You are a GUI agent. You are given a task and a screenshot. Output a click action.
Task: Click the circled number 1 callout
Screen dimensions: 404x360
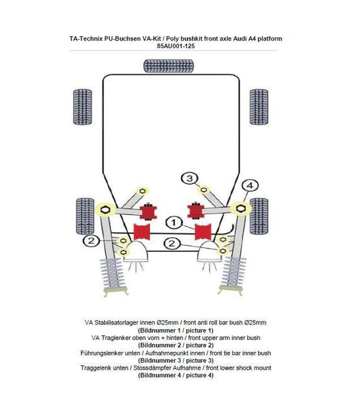click(173, 222)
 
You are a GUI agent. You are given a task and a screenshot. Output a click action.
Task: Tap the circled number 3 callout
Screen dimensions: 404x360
click(191, 178)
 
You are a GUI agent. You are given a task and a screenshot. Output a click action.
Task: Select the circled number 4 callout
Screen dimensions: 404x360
click(249, 185)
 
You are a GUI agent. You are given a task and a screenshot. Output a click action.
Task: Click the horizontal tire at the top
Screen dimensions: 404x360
click(170, 66)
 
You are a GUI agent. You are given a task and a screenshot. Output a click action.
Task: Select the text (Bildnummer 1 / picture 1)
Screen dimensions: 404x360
click(176, 330)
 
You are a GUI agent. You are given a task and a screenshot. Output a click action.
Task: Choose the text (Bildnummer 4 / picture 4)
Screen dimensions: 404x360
click(176, 375)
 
